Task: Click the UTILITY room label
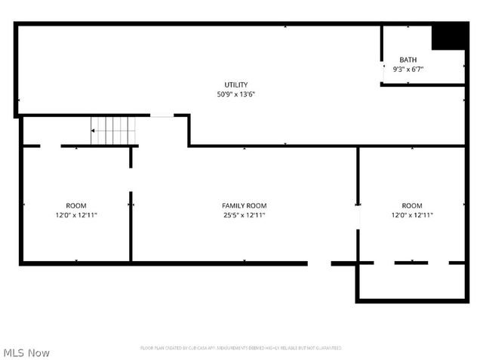tap(235, 85)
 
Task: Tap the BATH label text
tap(408, 60)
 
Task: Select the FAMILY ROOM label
tap(244, 205)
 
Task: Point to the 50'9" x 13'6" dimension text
tap(235, 94)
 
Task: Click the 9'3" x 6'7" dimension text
tap(408, 69)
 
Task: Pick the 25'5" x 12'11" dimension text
tap(244, 215)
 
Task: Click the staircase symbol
tap(113, 131)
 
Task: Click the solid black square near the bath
tap(448, 37)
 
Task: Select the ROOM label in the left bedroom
tap(76, 205)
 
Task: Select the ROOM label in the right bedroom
tap(412, 205)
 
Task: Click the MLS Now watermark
tap(27, 352)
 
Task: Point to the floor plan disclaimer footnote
tap(241, 348)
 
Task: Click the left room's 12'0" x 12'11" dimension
tap(76, 215)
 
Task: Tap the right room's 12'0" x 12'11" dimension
tap(412, 215)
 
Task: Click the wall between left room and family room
tap(131, 226)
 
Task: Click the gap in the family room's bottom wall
tap(319, 263)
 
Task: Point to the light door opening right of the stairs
tap(162, 115)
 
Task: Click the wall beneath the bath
tap(423, 85)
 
